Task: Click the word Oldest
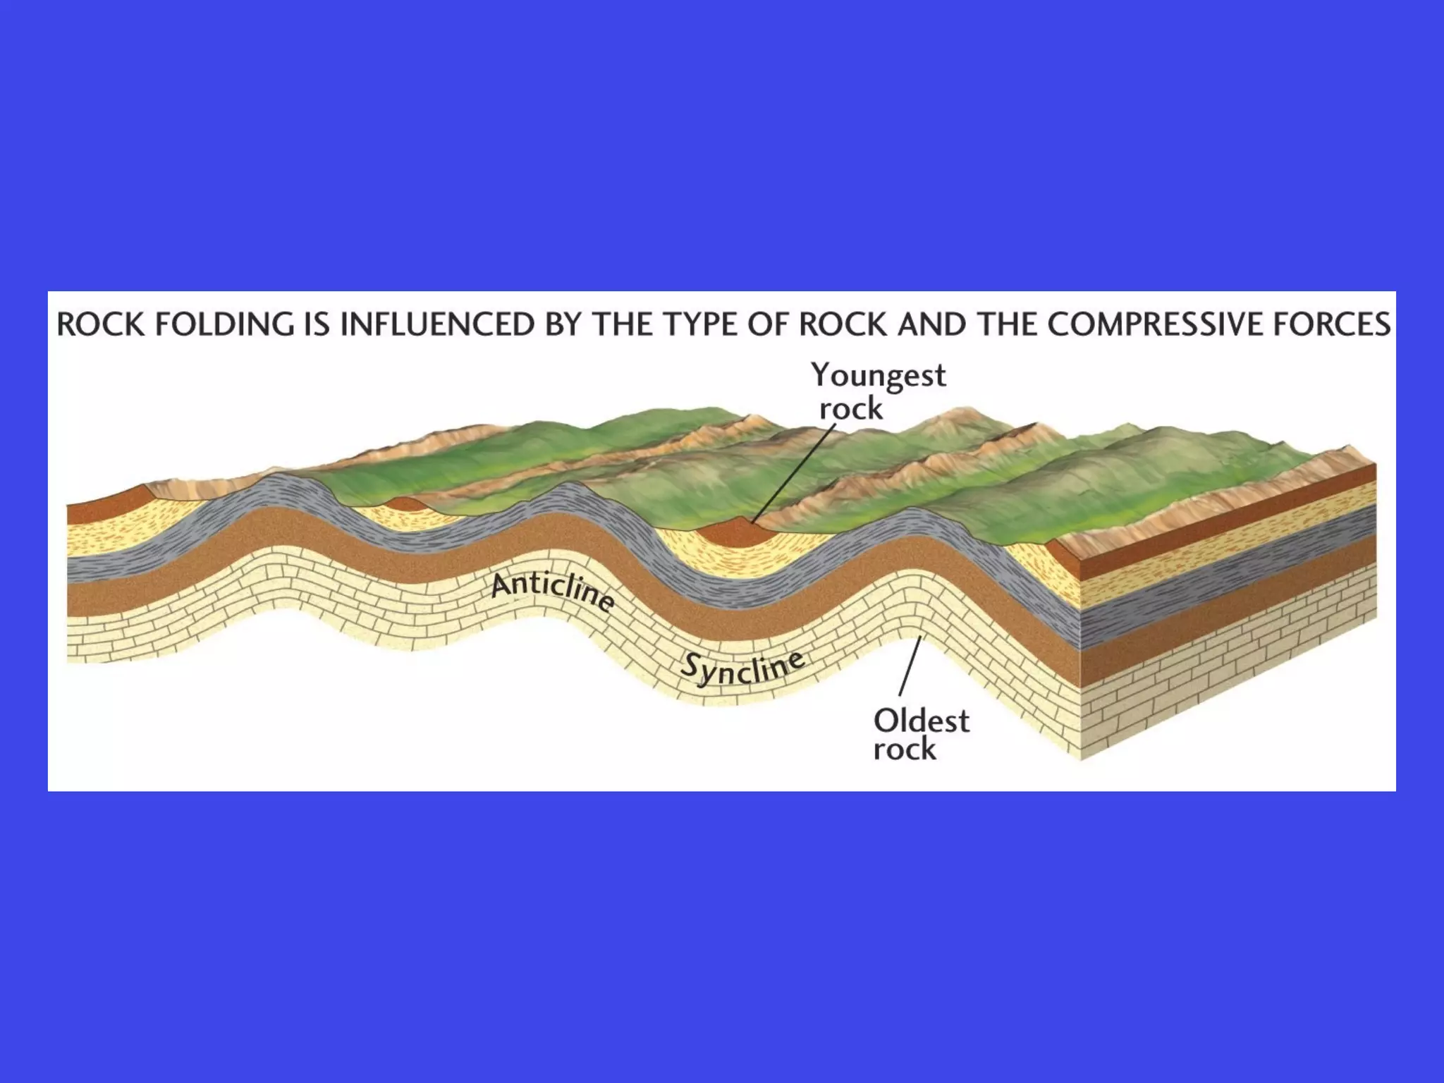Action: point(921,721)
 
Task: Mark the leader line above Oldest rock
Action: point(910,666)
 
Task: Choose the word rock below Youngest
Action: point(851,409)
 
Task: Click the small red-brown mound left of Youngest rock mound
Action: point(403,504)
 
